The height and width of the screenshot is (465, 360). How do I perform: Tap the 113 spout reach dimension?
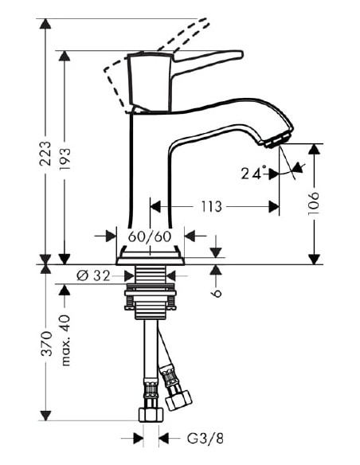click(x=210, y=207)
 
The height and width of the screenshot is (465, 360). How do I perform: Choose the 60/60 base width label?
click(x=150, y=236)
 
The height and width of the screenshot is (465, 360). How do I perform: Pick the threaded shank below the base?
click(x=151, y=278)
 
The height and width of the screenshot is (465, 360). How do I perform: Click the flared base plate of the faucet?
click(x=151, y=256)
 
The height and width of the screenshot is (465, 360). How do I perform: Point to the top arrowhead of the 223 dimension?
click(x=45, y=24)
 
